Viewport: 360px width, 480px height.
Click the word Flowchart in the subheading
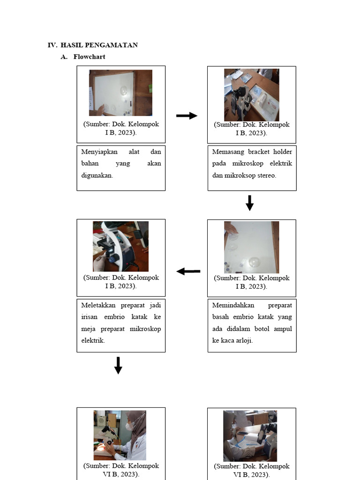[x=89, y=57]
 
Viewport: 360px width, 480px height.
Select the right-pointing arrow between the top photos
[x=187, y=116]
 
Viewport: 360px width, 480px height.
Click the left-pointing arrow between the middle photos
[x=188, y=271]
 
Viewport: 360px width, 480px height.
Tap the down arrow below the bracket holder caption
[x=249, y=203]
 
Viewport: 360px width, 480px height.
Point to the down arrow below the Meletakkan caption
[x=118, y=365]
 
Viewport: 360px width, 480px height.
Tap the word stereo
[x=267, y=176]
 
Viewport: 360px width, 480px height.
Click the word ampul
[x=282, y=329]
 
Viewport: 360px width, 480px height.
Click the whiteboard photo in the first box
[x=120, y=93]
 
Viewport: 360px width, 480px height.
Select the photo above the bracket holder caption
[x=251, y=95]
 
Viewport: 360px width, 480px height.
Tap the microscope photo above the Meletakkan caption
[x=120, y=246]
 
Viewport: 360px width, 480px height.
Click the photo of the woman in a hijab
[x=120, y=435]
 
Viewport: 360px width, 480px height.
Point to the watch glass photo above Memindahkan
[x=251, y=247]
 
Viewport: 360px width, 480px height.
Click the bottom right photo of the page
[x=250, y=436]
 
